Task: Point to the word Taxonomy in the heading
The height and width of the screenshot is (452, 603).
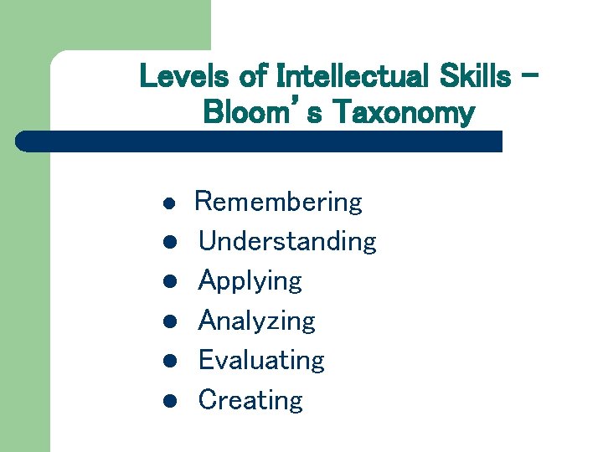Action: pos(404,111)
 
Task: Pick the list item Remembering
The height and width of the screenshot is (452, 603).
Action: pos(278,203)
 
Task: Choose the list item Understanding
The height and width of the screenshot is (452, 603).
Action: pos(287,242)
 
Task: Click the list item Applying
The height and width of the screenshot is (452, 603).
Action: pos(250,281)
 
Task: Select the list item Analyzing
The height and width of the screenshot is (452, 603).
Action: pos(256,321)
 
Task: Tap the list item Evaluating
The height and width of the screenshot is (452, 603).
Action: pos(260,361)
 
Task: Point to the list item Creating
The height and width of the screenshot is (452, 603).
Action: pos(250,400)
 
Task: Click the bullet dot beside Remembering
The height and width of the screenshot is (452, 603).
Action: pos(168,203)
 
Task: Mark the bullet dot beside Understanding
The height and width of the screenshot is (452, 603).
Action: pos(168,243)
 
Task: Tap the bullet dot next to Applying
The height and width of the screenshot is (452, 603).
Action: pos(168,282)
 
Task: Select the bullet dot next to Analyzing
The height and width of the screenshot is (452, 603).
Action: pos(168,321)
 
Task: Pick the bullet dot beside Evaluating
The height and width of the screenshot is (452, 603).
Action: pos(168,361)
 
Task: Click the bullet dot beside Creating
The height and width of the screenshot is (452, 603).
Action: pos(168,401)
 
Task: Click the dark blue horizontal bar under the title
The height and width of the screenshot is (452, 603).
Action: pos(260,141)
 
